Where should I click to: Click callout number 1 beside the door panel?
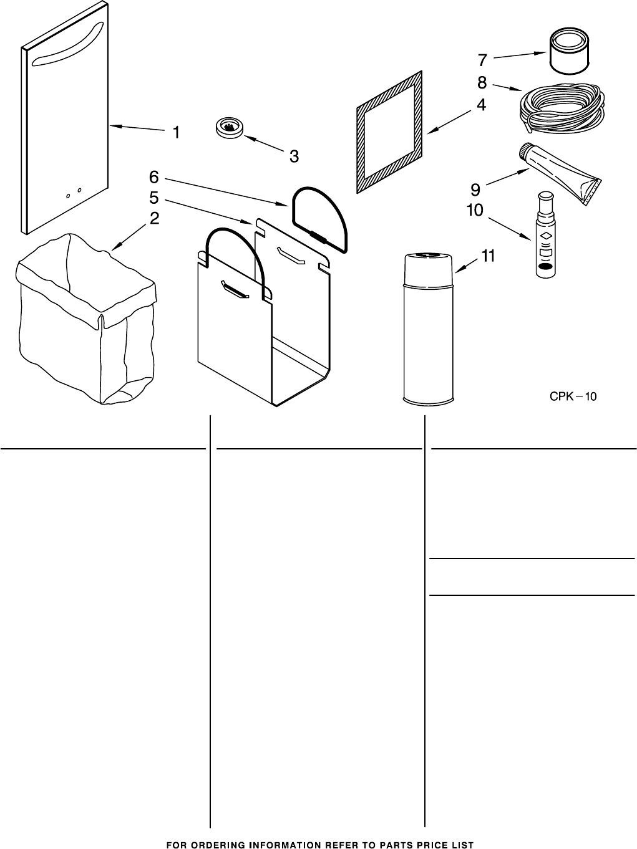click(x=177, y=132)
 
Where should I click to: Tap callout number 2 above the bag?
click(x=154, y=218)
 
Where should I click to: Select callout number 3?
click(x=294, y=156)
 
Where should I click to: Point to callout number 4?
click(x=481, y=105)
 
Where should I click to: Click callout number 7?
click(x=482, y=60)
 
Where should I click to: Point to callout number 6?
click(x=154, y=176)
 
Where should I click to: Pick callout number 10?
click(x=475, y=210)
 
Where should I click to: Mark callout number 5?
click(x=154, y=198)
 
